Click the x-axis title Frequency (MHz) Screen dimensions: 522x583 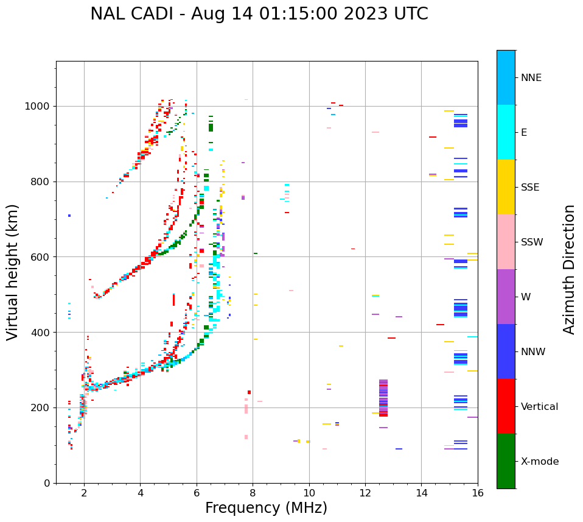click(266, 508)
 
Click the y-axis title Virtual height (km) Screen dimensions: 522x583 click(13, 272)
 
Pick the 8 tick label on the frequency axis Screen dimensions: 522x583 click(253, 493)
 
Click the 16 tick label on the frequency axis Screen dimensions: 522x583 click(478, 493)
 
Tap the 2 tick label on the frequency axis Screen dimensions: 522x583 click(84, 493)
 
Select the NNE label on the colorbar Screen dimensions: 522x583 click(531, 78)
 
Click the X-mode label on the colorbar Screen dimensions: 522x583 click(540, 462)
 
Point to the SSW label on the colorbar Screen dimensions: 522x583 click(532, 242)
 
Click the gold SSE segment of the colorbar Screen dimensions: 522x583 click(506, 187)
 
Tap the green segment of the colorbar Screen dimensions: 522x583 click(506, 461)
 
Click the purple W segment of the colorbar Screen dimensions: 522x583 click(506, 297)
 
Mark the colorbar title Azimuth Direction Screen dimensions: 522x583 click(570, 269)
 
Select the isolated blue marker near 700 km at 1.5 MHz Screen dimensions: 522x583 click(69, 216)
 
